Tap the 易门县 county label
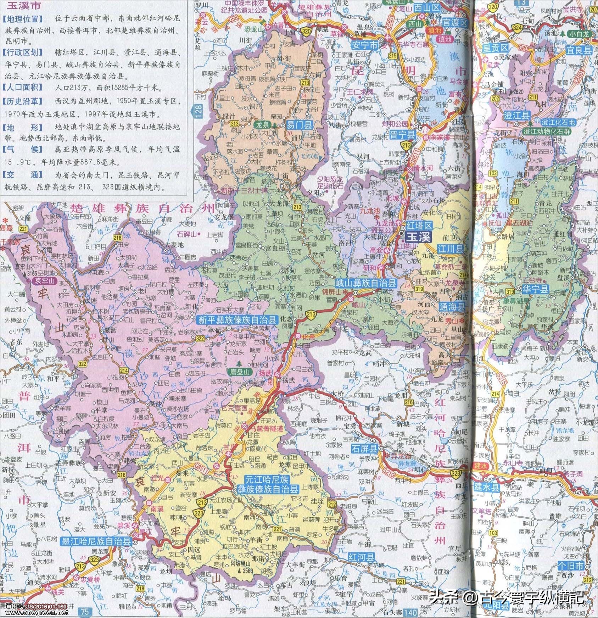tap(300, 125)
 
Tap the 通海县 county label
tap(452, 307)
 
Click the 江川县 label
tap(450, 248)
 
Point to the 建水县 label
tap(486, 487)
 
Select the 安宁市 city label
tap(365, 45)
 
